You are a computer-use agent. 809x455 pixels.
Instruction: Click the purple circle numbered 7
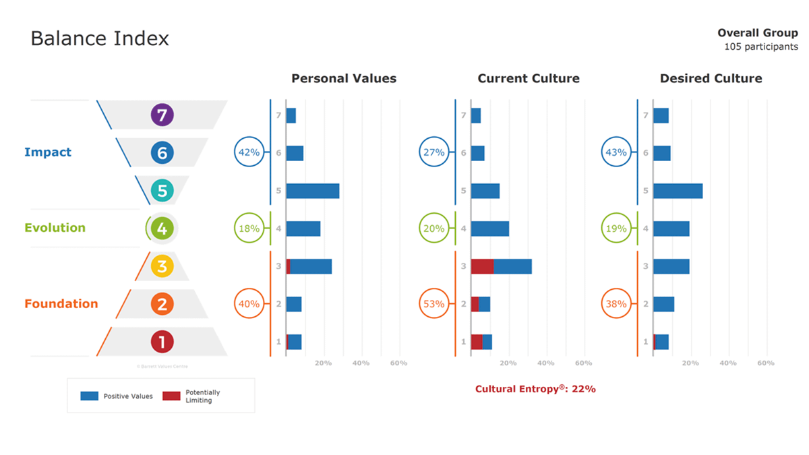pyautogui.click(x=162, y=115)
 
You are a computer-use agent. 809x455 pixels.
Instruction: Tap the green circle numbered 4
pyautogui.click(x=162, y=229)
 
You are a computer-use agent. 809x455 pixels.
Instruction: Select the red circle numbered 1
pyautogui.click(x=162, y=342)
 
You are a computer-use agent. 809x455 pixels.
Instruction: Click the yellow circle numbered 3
pyautogui.click(x=162, y=266)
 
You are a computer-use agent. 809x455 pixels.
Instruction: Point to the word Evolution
pyautogui.click(x=55, y=228)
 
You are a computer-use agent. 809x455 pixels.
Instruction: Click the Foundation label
pyautogui.click(x=61, y=304)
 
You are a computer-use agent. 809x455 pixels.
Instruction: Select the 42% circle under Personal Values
pyautogui.click(x=249, y=152)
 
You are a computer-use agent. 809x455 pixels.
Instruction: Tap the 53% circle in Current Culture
pyautogui.click(x=433, y=304)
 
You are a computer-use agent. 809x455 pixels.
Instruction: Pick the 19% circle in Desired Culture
pyautogui.click(x=616, y=229)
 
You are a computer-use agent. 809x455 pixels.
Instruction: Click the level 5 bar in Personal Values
pyautogui.click(x=313, y=191)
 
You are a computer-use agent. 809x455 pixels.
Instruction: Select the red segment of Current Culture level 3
pyautogui.click(x=482, y=266)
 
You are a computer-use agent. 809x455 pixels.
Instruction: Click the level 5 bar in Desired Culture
pyautogui.click(x=678, y=191)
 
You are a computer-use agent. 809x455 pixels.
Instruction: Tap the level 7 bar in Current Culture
pyautogui.click(x=476, y=115)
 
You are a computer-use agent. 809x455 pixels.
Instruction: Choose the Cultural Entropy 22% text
pyautogui.click(x=535, y=389)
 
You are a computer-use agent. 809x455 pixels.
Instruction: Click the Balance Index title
pyautogui.click(x=100, y=38)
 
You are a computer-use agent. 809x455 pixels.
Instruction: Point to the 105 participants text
pyautogui.click(x=761, y=47)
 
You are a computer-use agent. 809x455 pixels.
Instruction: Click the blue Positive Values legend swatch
pyautogui.click(x=90, y=396)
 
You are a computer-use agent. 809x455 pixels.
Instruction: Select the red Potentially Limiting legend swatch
pyautogui.click(x=172, y=396)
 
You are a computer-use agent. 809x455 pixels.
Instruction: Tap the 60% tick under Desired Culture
pyautogui.click(x=765, y=363)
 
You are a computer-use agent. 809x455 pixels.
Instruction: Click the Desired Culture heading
pyautogui.click(x=711, y=78)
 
